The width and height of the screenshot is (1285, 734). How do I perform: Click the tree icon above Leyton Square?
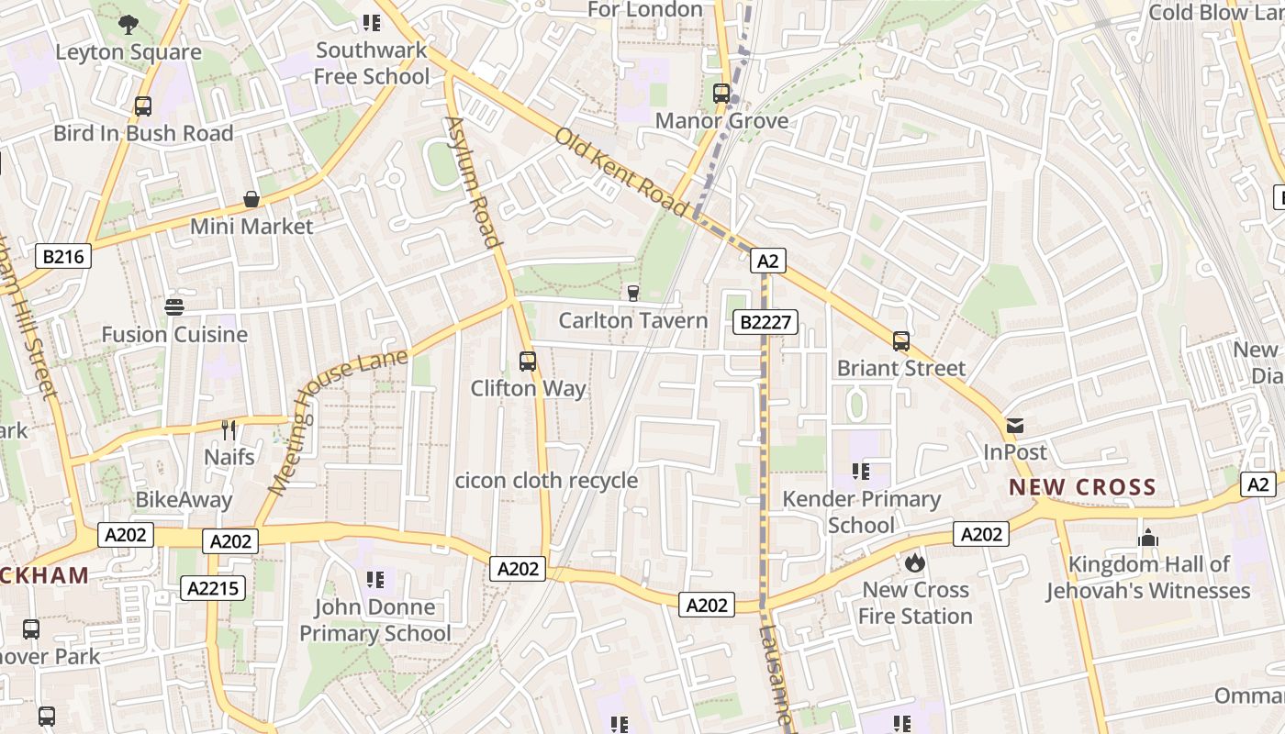(x=128, y=25)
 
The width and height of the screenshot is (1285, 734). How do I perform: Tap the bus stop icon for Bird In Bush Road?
(x=142, y=106)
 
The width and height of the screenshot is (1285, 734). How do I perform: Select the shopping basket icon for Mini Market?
(x=251, y=199)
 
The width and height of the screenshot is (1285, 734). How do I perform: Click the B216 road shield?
(x=63, y=256)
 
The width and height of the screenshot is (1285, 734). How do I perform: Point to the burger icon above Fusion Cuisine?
(x=174, y=306)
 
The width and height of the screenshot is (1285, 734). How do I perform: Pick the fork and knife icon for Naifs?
(x=229, y=429)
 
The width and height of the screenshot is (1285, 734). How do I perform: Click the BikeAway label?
(x=184, y=500)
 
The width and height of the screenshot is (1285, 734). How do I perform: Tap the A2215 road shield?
(x=213, y=588)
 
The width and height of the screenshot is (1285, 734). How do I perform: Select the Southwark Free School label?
(x=371, y=63)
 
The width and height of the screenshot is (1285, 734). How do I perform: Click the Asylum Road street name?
(x=474, y=182)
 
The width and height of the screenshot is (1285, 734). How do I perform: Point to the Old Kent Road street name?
(x=621, y=173)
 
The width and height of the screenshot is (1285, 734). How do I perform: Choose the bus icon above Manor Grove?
(x=721, y=94)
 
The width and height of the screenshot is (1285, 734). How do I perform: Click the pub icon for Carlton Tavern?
(x=632, y=293)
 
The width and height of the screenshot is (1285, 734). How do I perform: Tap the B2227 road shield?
(x=765, y=322)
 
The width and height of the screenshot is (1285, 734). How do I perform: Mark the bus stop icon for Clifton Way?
(x=527, y=361)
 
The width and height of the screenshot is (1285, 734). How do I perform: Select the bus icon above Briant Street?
(x=901, y=341)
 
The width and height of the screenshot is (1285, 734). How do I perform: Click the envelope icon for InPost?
(x=1015, y=426)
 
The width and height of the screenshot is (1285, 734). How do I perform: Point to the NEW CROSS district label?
(x=1082, y=487)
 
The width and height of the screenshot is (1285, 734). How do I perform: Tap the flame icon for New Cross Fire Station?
(x=914, y=562)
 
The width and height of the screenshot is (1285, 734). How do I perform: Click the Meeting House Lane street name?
(x=339, y=421)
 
